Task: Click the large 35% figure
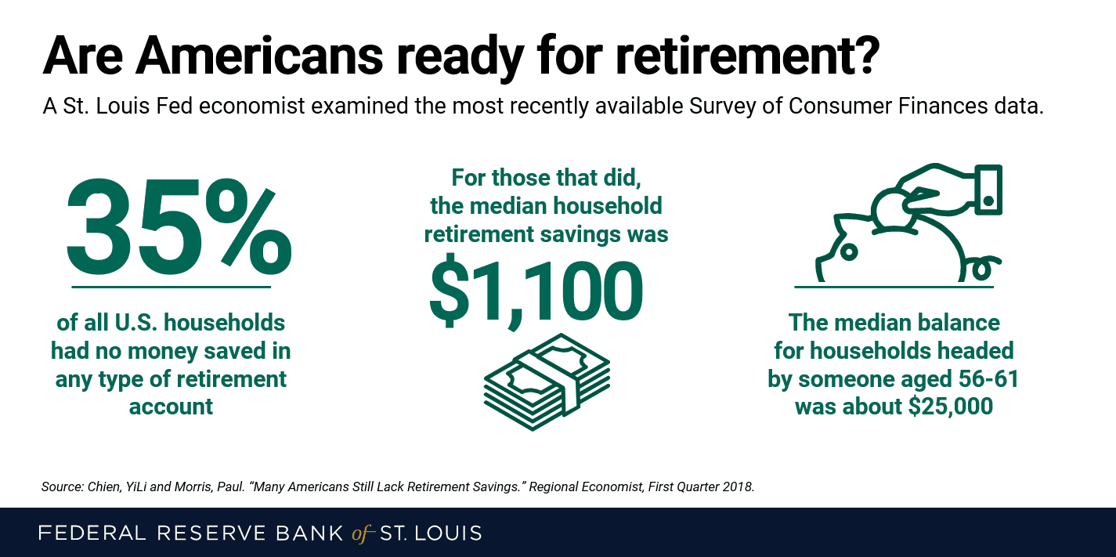click(179, 227)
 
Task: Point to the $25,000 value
click(951, 407)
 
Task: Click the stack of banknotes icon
click(547, 382)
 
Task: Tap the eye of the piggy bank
click(848, 252)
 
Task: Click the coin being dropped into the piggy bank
click(892, 209)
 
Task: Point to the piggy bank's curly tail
click(983, 267)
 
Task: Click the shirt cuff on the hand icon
click(988, 190)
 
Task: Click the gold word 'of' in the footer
click(362, 533)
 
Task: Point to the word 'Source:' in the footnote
click(63, 486)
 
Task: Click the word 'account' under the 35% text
click(171, 407)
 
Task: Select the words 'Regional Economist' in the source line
click(586, 486)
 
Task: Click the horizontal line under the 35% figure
click(171, 287)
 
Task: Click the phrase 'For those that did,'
click(546, 178)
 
